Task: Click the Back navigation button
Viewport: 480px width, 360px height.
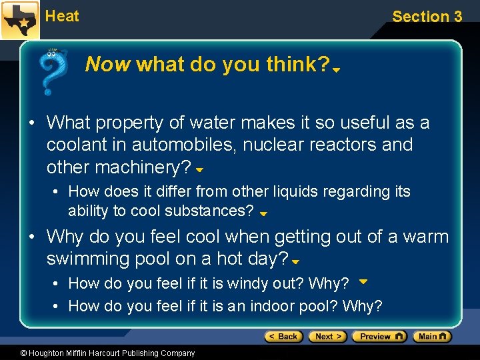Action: [x=284, y=337]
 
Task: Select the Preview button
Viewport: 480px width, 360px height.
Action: [x=379, y=337]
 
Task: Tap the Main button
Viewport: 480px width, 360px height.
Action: [x=432, y=337]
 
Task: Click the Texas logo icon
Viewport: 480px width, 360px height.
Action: [x=19, y=20]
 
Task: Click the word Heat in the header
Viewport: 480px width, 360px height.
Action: [x=62, y=16]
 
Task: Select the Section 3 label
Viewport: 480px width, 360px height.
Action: [x=427, y=17]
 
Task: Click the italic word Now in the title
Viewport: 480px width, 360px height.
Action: [x=109, y=65]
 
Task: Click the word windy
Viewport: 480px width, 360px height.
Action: [x=251, y=284]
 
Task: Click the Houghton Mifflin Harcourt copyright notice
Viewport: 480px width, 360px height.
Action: [x=98, y=353]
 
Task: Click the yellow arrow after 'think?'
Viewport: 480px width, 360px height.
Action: [x=337, y=69]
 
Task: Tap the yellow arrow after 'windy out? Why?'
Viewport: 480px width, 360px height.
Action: [x=363, y=282]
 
